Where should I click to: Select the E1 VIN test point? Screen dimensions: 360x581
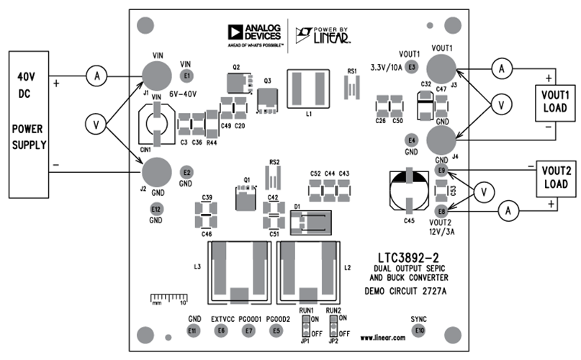(188, 75)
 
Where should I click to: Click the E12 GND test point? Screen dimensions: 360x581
(156, 209)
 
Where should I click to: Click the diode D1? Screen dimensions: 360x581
(310, 222)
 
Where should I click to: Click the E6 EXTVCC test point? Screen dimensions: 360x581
(221, 330)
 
